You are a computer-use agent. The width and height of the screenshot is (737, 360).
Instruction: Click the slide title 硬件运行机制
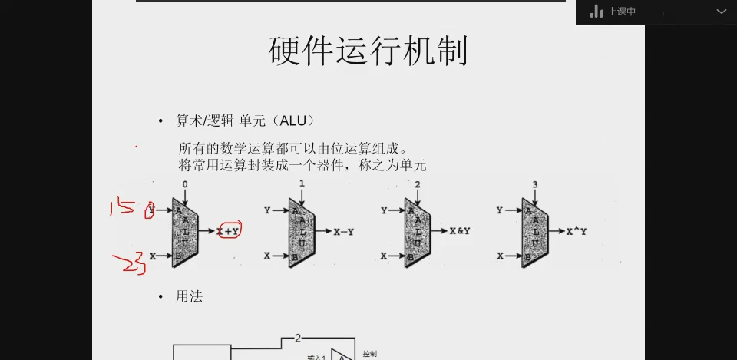(x=368, y=51)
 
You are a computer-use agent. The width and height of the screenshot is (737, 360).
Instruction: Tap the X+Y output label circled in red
(x=228, y=230)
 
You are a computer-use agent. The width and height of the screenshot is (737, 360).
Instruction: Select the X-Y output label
(x=344, y=231)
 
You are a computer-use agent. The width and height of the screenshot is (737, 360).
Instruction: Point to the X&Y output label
(x=460, y=230)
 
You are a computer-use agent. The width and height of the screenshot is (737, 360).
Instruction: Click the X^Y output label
(x=577, y=230)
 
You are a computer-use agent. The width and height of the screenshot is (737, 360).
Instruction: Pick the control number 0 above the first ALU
(x=185, y=185)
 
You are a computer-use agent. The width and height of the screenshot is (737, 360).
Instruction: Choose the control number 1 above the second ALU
(x=302, y=184)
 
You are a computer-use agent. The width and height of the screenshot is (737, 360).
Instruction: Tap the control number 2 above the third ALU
(x=418, y=185)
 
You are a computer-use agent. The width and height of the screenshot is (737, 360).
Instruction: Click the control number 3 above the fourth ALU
(x=535, y=185)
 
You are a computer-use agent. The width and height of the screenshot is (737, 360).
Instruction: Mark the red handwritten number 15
(x=123, y=206)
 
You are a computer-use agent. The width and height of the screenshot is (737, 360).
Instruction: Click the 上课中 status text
(x=622, y=12)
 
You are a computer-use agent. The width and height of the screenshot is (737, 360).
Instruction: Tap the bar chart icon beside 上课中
(x=597, y=12)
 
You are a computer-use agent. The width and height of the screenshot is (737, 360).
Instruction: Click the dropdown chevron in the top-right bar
(x=721, y=12)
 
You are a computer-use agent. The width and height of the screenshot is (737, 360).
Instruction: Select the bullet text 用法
(x=189, y=296)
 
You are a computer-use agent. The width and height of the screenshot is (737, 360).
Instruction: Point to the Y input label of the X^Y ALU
(x=500, y=210)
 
